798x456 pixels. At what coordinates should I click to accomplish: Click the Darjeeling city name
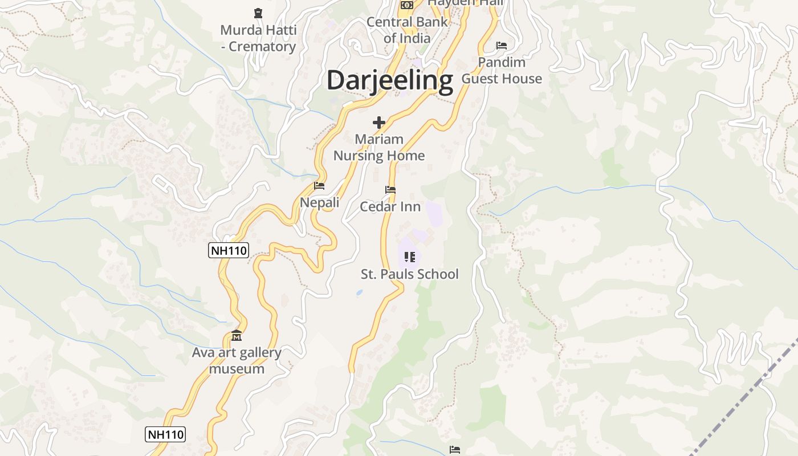coord(389,80)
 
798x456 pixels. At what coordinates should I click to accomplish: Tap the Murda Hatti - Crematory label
coord(258,38)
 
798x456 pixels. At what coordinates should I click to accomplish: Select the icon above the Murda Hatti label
coord(258,13)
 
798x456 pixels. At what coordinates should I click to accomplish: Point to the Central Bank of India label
coord(407,30)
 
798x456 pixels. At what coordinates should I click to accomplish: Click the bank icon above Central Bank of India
coord(406,5)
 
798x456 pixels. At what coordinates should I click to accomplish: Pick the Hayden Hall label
coord(466,3)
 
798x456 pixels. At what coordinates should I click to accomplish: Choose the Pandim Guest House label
coord(502,70)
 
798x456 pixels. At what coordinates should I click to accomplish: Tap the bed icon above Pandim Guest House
coord(502,46)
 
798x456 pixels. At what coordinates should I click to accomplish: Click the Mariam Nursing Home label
coord(379,147)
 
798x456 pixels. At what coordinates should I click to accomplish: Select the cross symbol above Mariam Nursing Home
coord(379,123)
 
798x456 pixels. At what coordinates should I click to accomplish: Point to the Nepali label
coord(320,202)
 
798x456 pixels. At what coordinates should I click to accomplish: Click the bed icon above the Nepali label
coord(319,186)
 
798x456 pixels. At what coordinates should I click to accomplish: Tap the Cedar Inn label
coord(390,206)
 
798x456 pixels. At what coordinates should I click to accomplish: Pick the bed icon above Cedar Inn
coord(390,190)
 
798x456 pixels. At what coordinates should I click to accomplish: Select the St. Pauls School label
coord(410,274)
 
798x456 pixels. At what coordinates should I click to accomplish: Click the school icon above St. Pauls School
coord(409,257)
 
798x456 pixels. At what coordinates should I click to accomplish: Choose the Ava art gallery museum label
coord(237,360)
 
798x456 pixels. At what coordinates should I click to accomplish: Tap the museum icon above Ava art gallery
coord(237,336)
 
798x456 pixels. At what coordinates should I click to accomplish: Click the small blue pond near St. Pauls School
coord(359,293)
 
